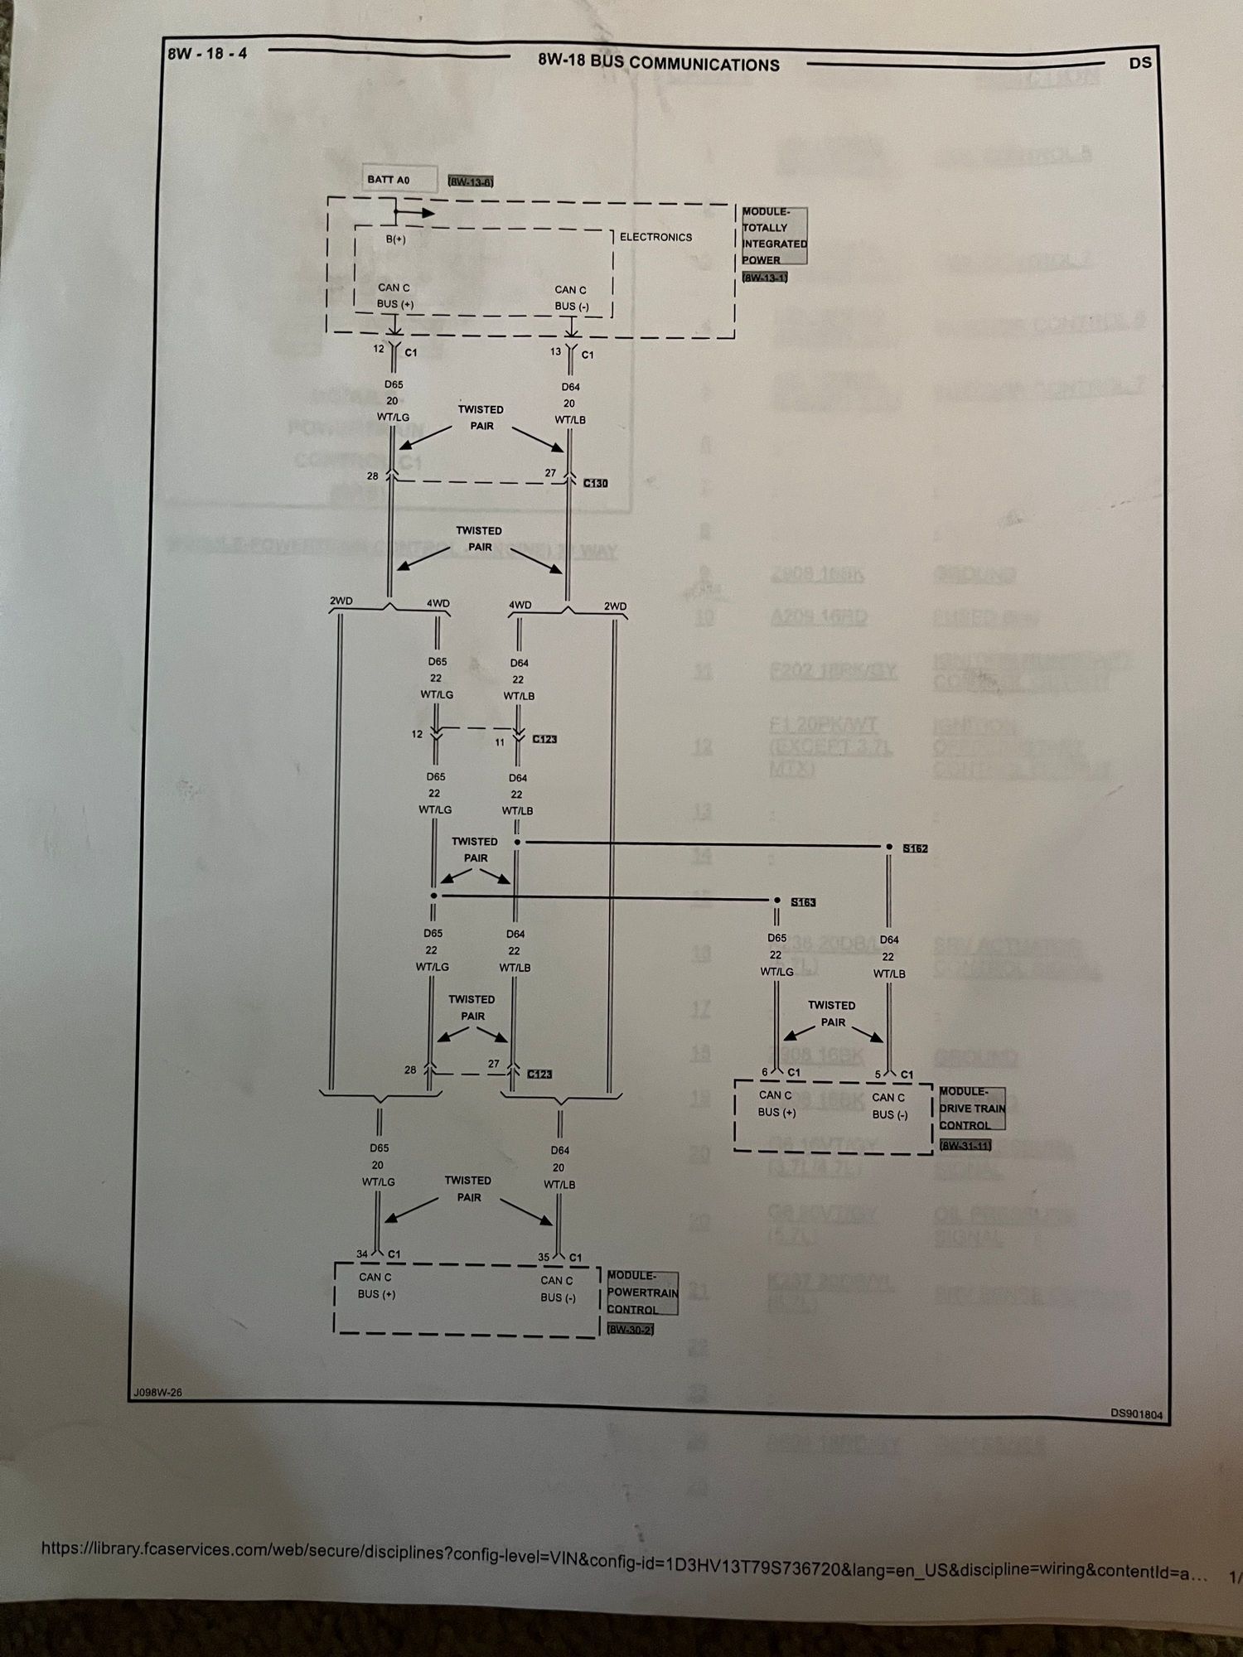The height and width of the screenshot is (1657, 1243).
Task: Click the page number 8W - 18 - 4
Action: coord(207,54)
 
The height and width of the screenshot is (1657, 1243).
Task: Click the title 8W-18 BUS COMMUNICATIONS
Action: coord(659,64)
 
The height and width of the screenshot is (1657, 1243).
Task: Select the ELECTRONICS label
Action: coord(655,237)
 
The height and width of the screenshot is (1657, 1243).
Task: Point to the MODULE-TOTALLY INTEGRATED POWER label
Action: coord(774,236)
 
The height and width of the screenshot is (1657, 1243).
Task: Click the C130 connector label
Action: coord(595,483)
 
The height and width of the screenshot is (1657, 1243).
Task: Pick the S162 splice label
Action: coord(915,848)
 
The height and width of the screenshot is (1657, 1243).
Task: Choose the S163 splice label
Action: coord(803,901)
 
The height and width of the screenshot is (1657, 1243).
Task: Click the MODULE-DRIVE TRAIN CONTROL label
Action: coord(972,1109)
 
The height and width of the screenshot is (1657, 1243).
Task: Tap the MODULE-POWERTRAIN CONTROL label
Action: coord(642,1292)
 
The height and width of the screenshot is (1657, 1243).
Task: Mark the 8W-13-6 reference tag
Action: coord(471,181)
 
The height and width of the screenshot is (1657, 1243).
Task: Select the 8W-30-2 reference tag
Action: coord(630,1330)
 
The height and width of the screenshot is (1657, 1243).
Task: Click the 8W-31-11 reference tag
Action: coord(965,1147)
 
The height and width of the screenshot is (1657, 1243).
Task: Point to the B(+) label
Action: coord(396,239)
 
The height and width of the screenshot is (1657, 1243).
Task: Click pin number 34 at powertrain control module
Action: coord(362,1254)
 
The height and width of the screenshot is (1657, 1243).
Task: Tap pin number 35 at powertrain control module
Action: coord(544,1257)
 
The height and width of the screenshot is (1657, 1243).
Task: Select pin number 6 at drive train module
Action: coord(765,1072)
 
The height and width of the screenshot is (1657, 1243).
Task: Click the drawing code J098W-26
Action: coord(157,1393)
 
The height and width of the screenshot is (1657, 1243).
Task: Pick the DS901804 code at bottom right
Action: coord(1137,1414)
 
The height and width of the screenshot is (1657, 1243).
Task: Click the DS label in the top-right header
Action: coord(1140,63)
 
